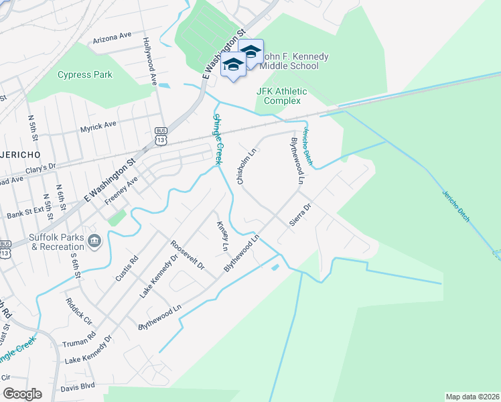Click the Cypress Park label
(85, 75)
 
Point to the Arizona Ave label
(113, 36)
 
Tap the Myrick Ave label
(98, 125)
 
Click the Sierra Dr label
(299, 216)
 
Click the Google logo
(22, 394)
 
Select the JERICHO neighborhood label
(20, 154)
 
